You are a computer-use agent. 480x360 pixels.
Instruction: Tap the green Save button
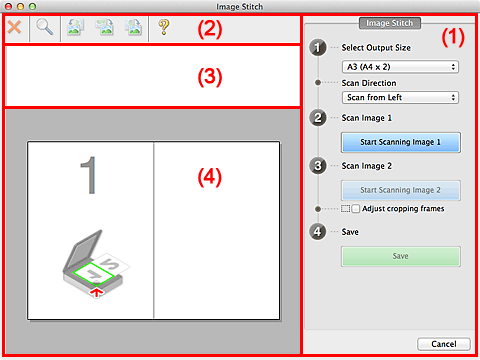point(400,256)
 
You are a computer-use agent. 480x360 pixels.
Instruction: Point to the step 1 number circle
point(317,46)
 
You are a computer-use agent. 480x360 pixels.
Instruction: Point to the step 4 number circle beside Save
point(317,232)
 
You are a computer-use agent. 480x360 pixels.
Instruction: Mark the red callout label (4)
point(207,177)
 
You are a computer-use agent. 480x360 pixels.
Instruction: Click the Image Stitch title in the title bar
point(240,6)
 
